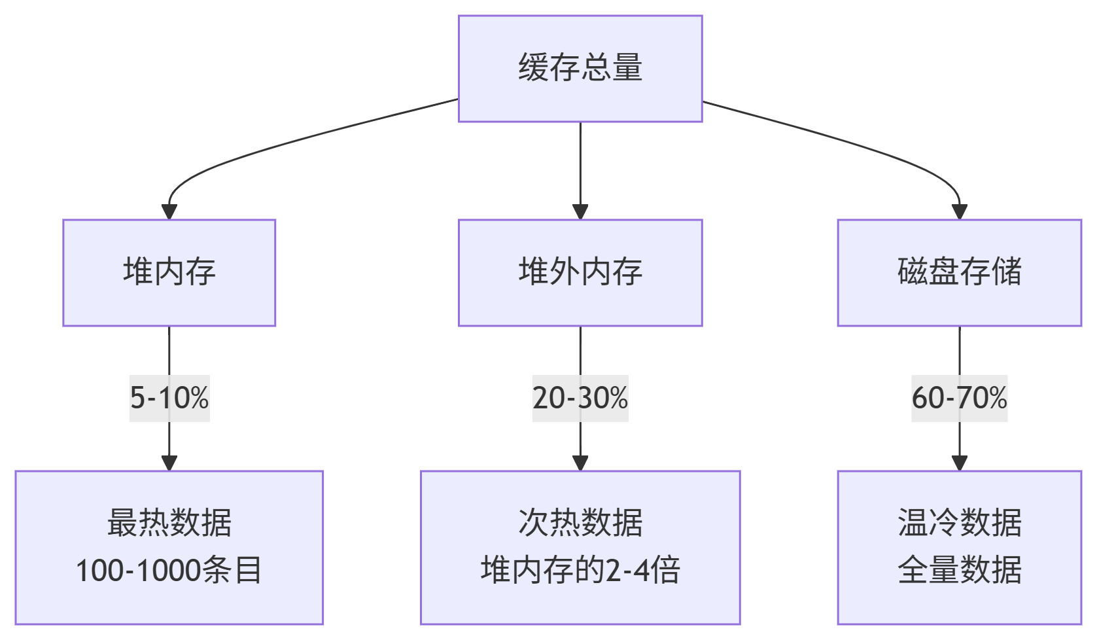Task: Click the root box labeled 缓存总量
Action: click(x=580, y=68)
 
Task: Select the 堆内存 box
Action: click(x=169, y=272)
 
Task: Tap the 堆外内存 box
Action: click(x=580, y=272)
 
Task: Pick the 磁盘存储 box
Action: click(x=959, y=272)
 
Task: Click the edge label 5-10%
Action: click(x=169, y=398)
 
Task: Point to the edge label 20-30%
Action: click(x=580, y=398)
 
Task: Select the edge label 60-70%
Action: click(x=959, y=398)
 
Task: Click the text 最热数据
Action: click(x=169, y=523)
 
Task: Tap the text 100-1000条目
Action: click(x=169, y=570)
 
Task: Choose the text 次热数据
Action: click(x=580, y=523)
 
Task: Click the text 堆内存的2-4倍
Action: click(x=580, y=570)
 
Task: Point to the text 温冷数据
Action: click(x=959, y=523)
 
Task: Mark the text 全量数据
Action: click(x=959, y=570)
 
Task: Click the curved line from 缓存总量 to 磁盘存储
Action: click(x=850, y=141)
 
